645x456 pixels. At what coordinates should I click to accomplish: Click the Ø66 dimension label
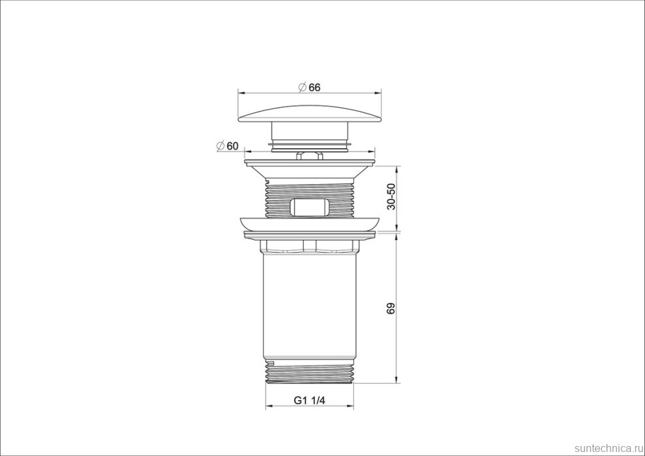click(x=310, y=87)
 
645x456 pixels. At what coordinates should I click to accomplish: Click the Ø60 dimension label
click(x=227, y=146)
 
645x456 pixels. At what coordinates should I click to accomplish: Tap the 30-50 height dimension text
click(x=391, y=197)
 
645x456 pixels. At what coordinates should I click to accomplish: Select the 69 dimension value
click(x=391, y=308)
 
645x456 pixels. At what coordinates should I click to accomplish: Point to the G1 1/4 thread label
click(x=309, y=400)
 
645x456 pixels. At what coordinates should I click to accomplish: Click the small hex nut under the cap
click(x=310, y=156)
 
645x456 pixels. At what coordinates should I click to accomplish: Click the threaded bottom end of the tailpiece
click(x=310, y=372)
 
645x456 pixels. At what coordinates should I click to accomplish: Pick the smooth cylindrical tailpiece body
click(x=310, y=306)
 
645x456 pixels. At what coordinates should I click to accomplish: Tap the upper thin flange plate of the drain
click(x=310, y=162)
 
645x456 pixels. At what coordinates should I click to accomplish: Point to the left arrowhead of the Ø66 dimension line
click(x=240, y=93)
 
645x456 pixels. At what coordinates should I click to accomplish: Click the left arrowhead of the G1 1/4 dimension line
click(x=268, y=407)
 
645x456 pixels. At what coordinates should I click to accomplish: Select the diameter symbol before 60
click(x=220, y=146)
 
